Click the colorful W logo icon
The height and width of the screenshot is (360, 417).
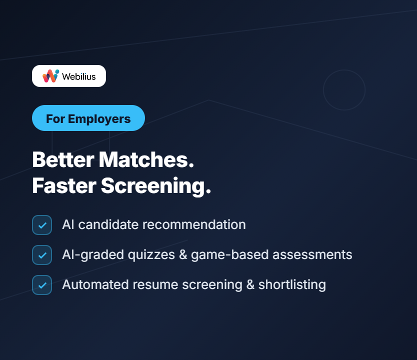[51, 76]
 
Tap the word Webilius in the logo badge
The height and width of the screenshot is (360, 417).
[78, 76]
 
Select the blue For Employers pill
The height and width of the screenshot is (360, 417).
[88, 118]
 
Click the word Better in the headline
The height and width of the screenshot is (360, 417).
[63, 160]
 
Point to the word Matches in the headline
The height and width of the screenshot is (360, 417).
[146, 160]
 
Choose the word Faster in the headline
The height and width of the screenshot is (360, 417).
[64, 185]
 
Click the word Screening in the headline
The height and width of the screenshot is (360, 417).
[156, 186]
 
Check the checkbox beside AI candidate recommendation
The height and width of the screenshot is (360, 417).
[42, 225]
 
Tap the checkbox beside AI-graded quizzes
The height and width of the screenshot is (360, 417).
[42, 255]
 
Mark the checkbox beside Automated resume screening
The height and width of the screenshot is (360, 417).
[42, 285]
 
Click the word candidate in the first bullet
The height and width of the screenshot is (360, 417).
[108, 224]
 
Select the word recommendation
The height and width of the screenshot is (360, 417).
[194, 224]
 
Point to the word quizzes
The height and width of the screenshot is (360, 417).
[151, 255]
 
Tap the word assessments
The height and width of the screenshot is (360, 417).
[312, 254]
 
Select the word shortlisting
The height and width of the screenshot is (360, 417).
[292, 285]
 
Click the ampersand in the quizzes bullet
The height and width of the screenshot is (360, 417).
[183, 254]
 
